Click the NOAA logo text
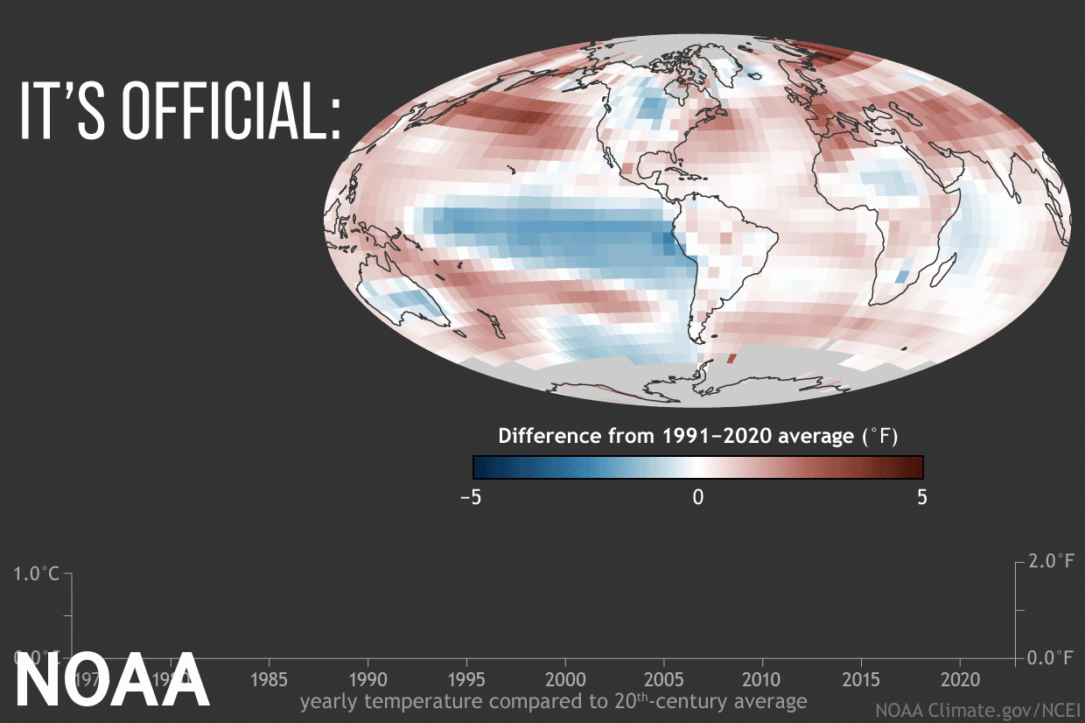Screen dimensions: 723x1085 111,680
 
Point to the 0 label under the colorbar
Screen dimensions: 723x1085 697,497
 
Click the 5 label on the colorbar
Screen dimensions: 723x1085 921,497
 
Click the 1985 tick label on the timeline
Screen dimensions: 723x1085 269,679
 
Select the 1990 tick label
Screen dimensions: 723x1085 367,679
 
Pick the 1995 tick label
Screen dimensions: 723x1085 466,679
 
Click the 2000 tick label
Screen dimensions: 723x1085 565,679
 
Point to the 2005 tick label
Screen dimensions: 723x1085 664,679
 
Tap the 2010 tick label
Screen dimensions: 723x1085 763,679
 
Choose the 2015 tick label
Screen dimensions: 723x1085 862,679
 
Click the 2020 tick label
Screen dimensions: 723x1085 961,679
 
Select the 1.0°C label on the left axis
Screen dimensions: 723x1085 37,574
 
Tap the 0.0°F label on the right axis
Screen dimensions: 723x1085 1051,657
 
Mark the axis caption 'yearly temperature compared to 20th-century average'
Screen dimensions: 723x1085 553,701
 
